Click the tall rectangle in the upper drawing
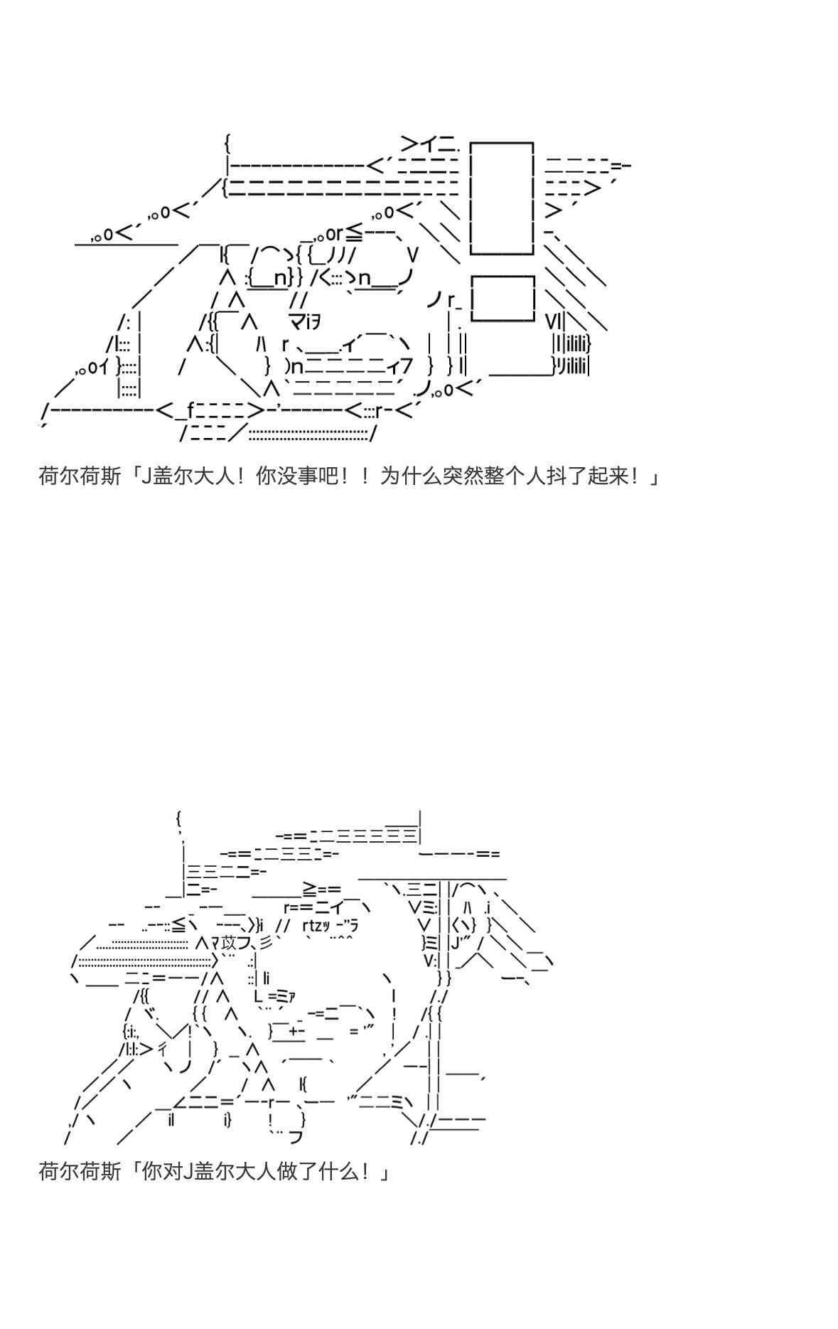[501, 198]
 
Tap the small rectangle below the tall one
[503, 299]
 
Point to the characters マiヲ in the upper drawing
[304, 323]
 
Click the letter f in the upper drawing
[190, 410]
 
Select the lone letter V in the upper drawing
[413, 255]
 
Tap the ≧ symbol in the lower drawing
[310, 889]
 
